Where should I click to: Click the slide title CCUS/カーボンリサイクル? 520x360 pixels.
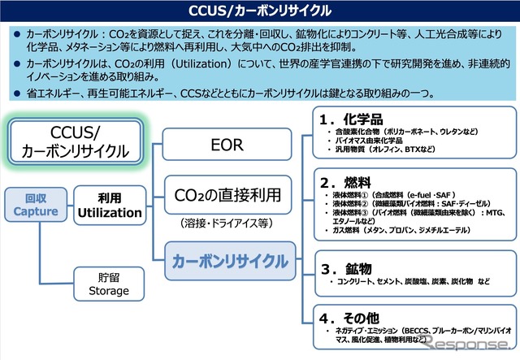[x=260, y=11]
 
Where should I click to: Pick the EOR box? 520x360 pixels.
[x=227, y=147]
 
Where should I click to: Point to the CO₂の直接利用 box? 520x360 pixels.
[x=227, y=195]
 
